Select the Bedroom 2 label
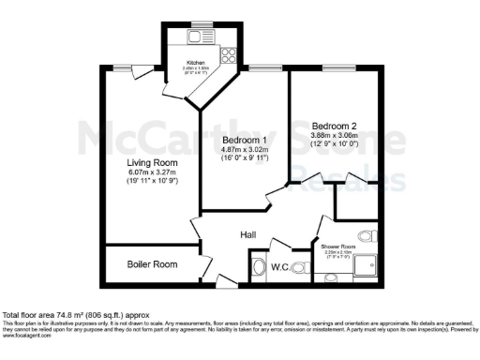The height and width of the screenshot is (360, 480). [x=335, y=126]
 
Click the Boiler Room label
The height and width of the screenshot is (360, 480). [x=153, y=264]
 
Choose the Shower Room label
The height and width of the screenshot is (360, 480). [x=337, y=247]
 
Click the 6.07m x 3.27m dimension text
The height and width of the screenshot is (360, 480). [x=153, y=172]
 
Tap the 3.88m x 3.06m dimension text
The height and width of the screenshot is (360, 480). [x=335, y=136]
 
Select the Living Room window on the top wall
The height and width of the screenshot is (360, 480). [x=123, y=67]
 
